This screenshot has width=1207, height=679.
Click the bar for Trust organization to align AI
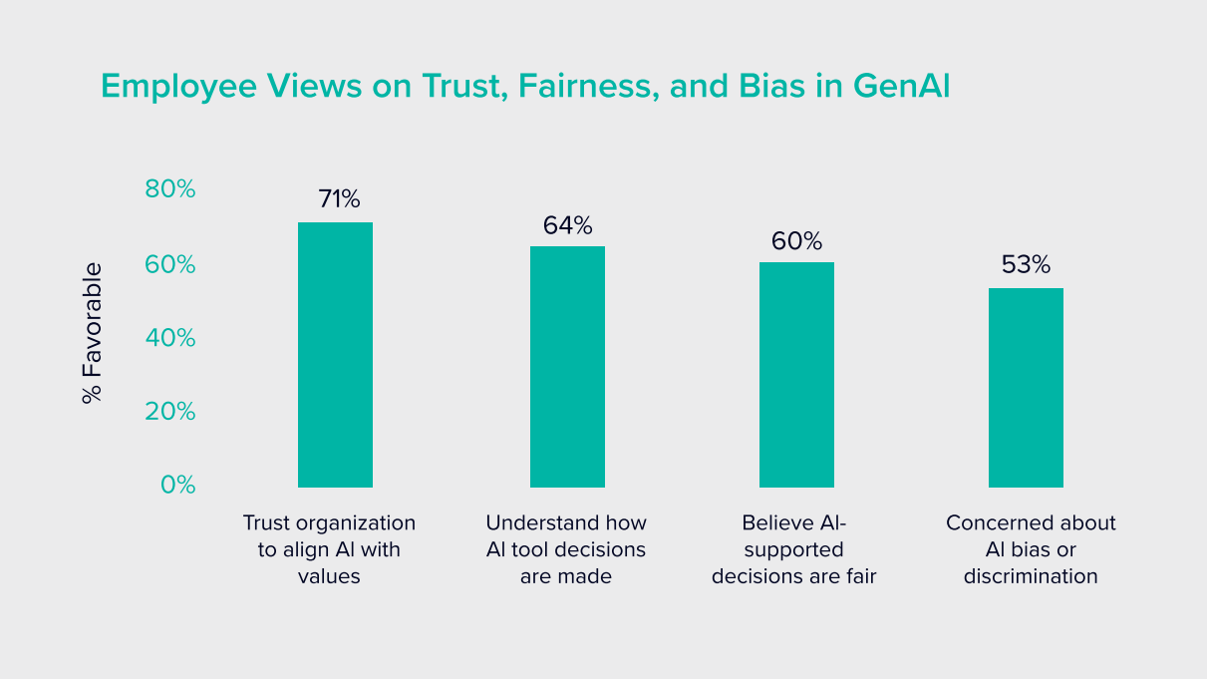[x=335, y=354]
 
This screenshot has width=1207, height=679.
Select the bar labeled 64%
[x=567, y=366]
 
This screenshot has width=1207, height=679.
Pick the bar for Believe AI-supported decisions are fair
[x=796, y=374]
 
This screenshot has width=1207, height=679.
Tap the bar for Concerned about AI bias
[x=1026, y=387]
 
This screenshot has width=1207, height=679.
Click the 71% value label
[x=339, y=199]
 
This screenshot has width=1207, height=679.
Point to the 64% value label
[x=567, y=225]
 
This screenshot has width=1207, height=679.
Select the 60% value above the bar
[x=796, y=241]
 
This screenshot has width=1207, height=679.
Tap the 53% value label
[x=1026, y=265]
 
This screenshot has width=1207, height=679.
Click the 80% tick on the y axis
[x=170, y=188]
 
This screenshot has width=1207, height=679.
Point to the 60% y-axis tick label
[x=170, y=264]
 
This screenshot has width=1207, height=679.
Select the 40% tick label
[x=170, y=338]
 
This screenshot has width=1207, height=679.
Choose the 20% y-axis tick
[x=170, y=411]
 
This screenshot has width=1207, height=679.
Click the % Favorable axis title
[x=93, y=333]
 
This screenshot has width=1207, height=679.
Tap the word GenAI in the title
[x=901, y=87]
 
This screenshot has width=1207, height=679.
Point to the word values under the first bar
[x=329, y=576]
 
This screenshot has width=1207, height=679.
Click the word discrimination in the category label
[x=1031, y=576]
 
